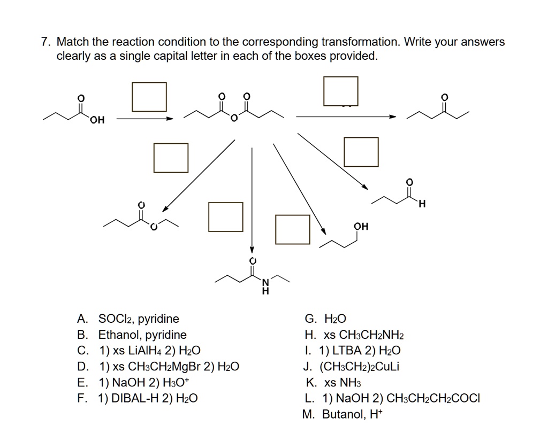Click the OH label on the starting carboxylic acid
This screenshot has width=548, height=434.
point(97,120)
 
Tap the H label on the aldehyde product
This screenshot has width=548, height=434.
point(422,204)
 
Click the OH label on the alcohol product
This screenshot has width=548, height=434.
point(361,226)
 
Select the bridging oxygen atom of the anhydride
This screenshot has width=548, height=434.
point(234,118)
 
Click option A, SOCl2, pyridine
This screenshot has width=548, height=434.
point(128,319)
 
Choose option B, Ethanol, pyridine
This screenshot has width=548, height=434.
point(132,335)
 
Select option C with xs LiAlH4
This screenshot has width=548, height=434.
point(139,351)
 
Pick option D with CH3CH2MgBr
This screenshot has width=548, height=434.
point(158,367)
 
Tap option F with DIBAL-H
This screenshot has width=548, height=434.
point(138,398)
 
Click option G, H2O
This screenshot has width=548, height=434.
point(325,319)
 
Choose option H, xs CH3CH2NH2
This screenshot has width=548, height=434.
point(354,335)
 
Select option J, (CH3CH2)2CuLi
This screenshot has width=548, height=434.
point(351,367)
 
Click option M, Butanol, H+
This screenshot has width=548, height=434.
point(342,414)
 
